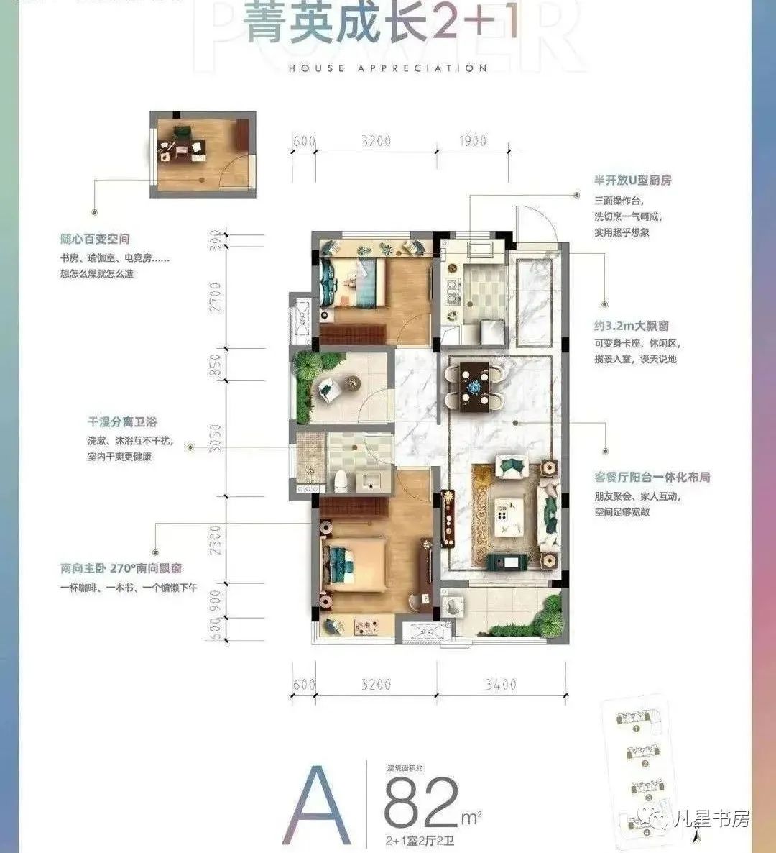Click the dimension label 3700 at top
pyautogui.click(x=376, y=141)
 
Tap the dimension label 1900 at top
pyautogui.click(x=471, y=141)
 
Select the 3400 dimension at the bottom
pyautogui.click(x=500, y=684)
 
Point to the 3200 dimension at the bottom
pyautogui.click(x=376, y=684)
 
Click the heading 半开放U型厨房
pyautogui.click(x=632, y=181)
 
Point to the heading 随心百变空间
pyautogui.click(x=95, y=239)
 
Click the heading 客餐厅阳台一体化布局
pyautogui.click(x=652, y=477)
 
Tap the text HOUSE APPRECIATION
pyautogui.click(x=388, y=68)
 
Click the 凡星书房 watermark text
pyautogui.click(x=713, y=819)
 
